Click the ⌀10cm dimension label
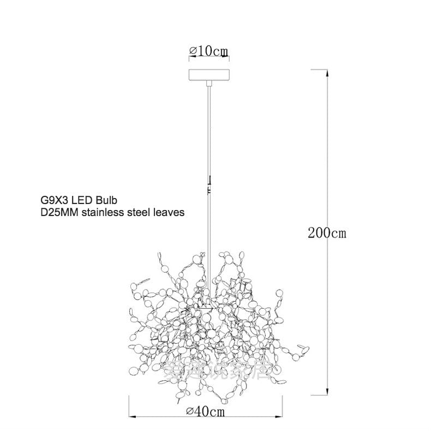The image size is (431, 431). pos(208,51)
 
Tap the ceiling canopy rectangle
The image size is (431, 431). pos(208,75)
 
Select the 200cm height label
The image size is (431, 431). pos(327,233)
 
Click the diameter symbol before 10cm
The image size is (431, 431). pos(193,51)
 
